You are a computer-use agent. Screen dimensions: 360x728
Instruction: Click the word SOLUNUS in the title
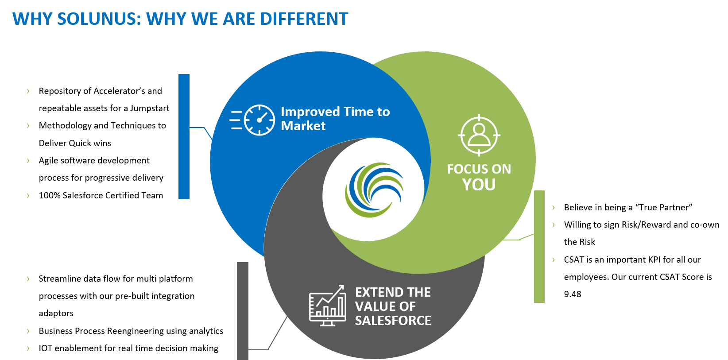pyautogui.click(x=98, y=19)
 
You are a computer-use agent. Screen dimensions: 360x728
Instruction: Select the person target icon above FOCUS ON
pyautogui.click(x=479, y=135)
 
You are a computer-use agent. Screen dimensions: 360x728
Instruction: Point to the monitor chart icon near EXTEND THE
pyautogui.click(x=328, y=306)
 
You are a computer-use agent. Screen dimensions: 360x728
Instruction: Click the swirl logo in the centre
pyautogui.click(x=374, y=190)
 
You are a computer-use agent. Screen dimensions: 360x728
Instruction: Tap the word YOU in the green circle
pyautogui.click(x=479, y=185)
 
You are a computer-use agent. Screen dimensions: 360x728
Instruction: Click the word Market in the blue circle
pyautogui.click(x=303, y=126)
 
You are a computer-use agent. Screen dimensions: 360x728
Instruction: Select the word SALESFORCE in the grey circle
pyautogui.click(x=393, y=320)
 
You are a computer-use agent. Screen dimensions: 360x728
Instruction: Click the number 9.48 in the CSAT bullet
pyautogui.click(x=573, y=294)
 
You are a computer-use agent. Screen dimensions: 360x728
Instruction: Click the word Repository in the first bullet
pyautogui.click(x=59, y=91)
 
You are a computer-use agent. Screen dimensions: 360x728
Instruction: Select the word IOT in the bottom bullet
pyautogui.click(x=46, y=348)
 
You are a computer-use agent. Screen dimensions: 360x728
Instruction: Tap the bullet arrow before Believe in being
pyautogui.click(x=553, y=207)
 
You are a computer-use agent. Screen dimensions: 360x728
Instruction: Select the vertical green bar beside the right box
pyautogui.click(x=539, y=247)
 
